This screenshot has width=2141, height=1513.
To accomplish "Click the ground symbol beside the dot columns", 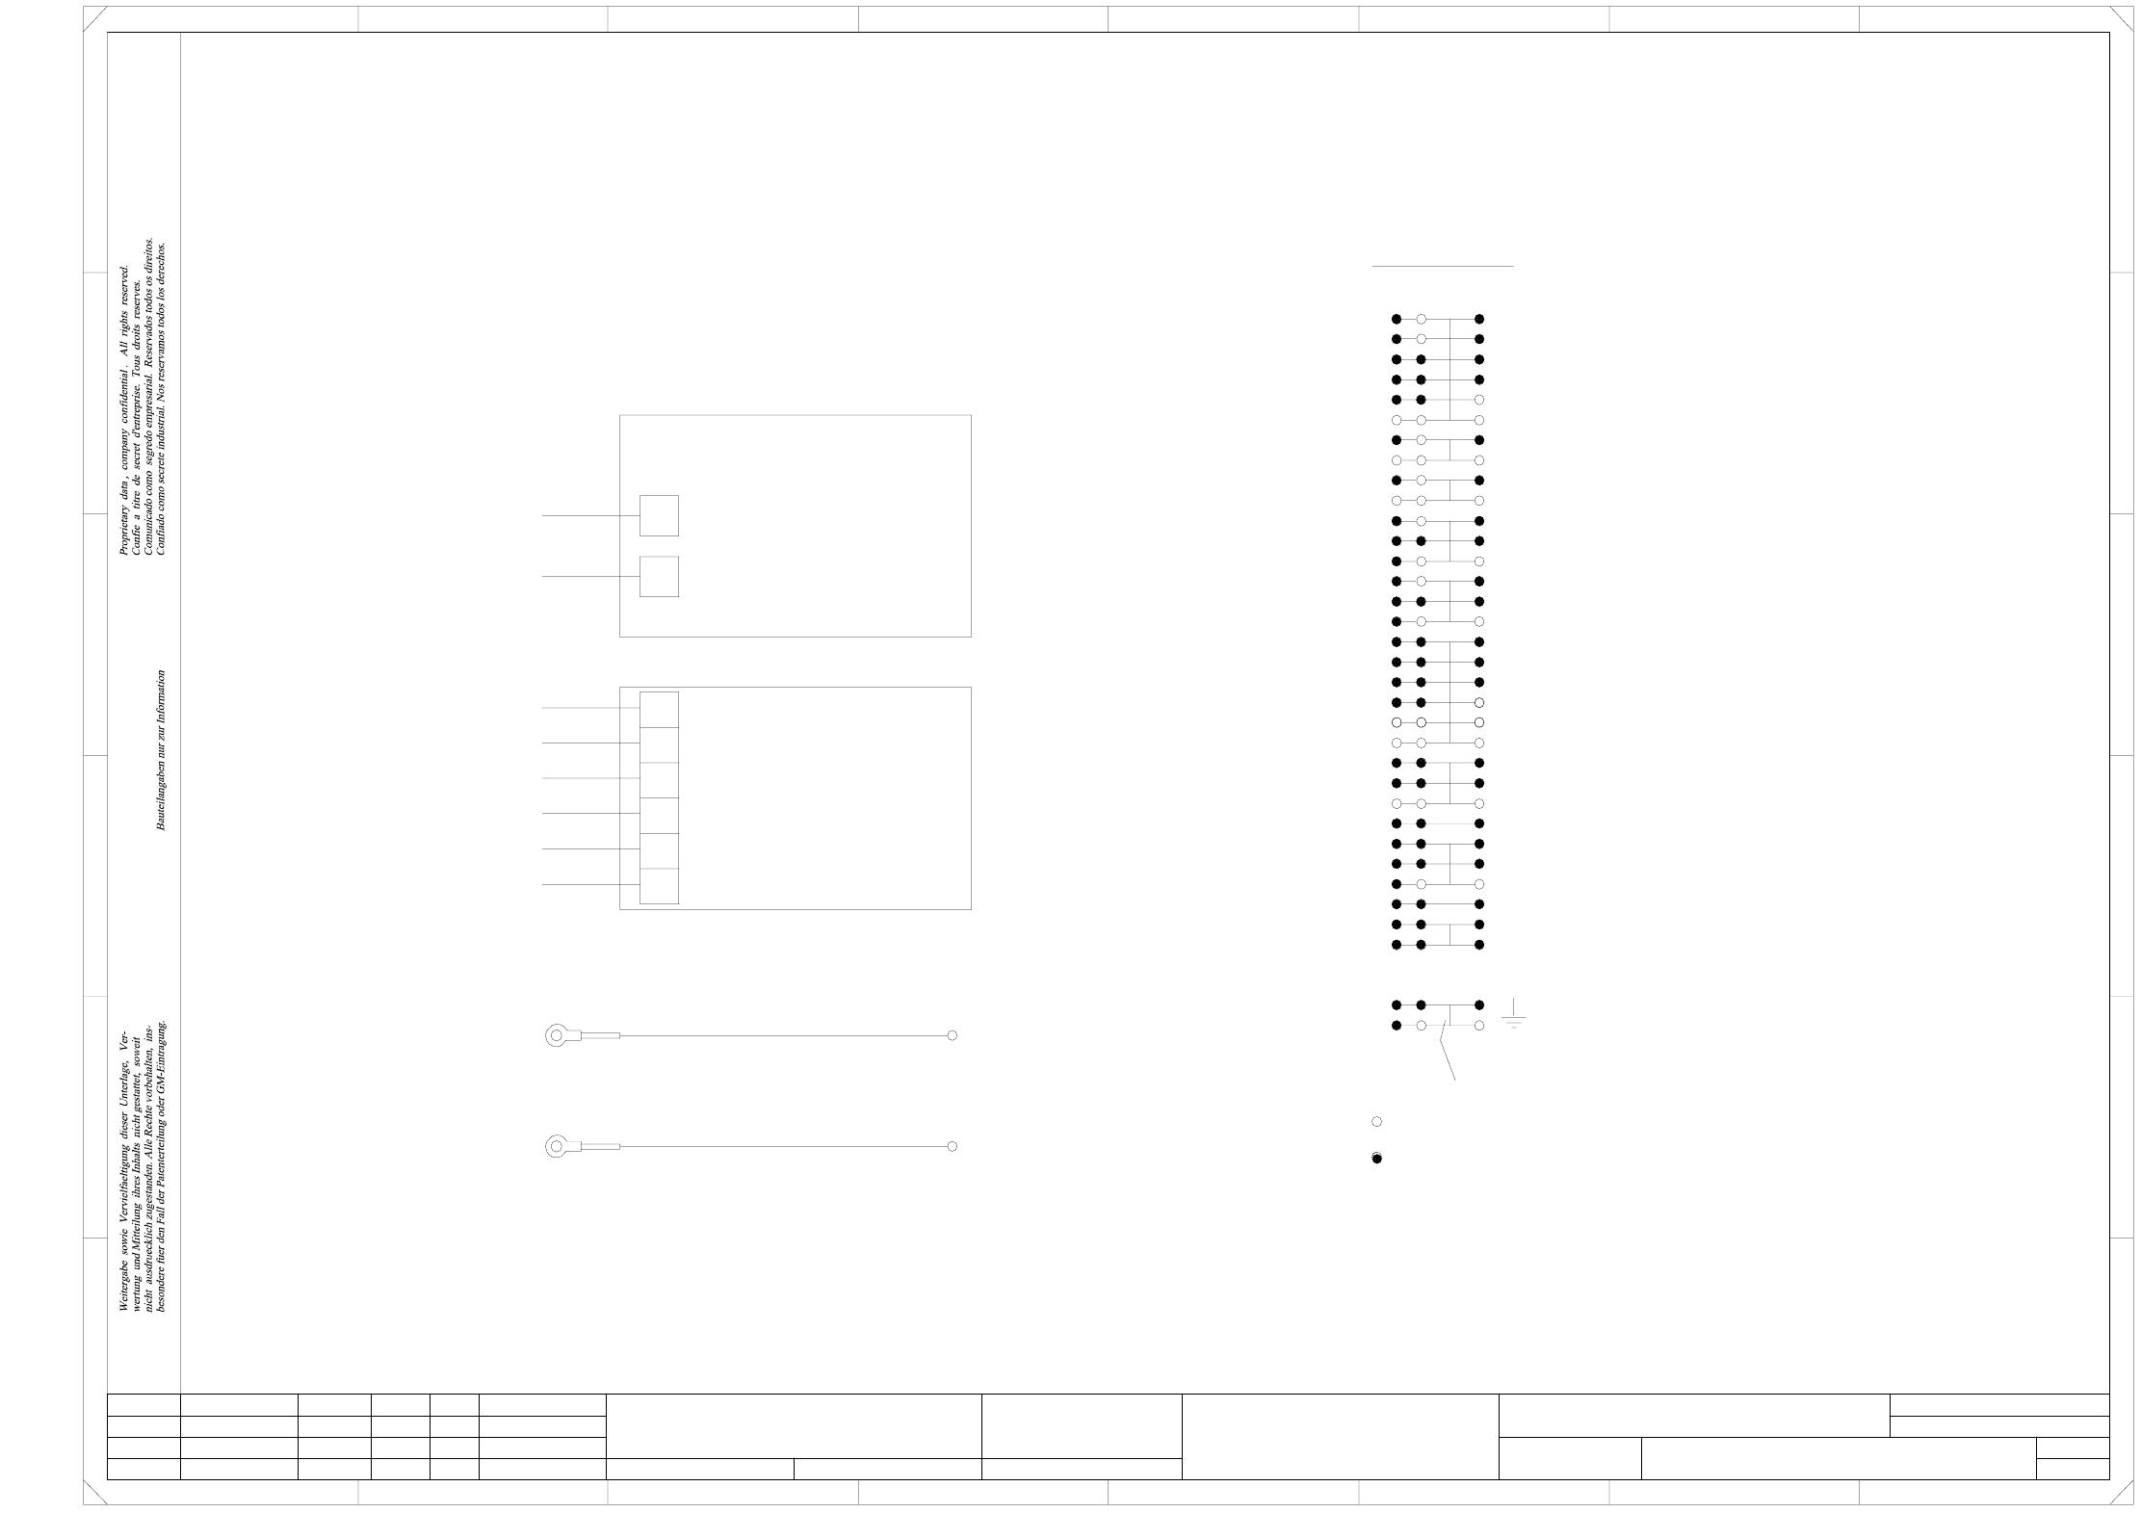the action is [1513, 1015].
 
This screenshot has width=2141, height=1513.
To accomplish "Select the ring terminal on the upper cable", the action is [557, 1036].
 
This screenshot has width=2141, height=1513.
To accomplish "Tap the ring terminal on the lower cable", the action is [557, 1146].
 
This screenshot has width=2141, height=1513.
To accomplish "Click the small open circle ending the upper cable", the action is [952, 1035].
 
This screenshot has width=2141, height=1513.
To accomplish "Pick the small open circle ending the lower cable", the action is [952, 1146].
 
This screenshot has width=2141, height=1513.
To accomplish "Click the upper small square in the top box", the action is [659, 515].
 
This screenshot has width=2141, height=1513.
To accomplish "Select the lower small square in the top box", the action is [659, 576].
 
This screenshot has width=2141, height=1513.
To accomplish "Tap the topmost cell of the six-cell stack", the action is [659, 709].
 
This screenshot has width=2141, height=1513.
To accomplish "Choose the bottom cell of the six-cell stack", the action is [659, 886].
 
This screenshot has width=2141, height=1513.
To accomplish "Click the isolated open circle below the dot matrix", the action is [1376, 1121].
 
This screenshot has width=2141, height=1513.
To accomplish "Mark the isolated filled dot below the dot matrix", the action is [1376, 1158].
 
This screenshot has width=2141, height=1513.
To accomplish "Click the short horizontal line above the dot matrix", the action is [1442, 266].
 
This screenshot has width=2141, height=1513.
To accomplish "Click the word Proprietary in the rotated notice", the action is [123, 530].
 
